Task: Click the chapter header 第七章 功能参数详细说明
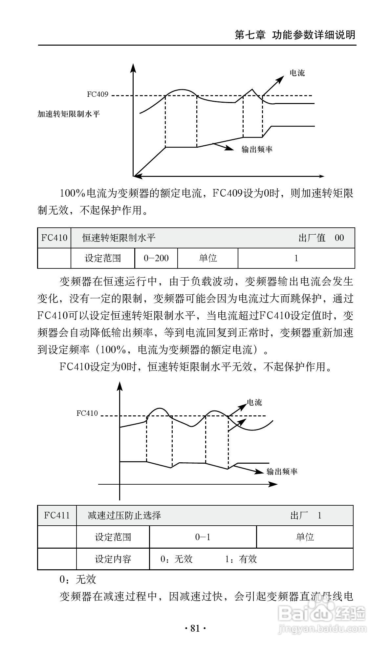pyautogui.click(x=295, y=35)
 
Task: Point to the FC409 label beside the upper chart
pyautogui.click(x=98, y=94)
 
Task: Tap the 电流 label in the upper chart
pyautogui.click(x=297, y=73)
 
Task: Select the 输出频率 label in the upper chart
pyautogui.click(x=257, y=149)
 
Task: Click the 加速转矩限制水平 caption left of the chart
pyautogui.click(x=69, y=114)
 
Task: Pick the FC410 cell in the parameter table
pyautogui.click(x=54, y=238)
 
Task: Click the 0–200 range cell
pyautogui.click(x=156, y=258)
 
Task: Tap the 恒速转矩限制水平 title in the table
pyautogui.click(x=119, y=238)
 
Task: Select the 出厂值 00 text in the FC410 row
pyautogui.click(x=321, y=238)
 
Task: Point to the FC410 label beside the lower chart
pyautogui.click(x=87, y=413)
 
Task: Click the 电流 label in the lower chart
pyautogui.click(x=254, y=402)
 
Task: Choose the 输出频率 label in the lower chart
pyautogui.click(x=282, y=472)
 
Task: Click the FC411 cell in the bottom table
pyautogui.click(x=57, y=515)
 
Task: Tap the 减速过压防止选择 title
pyautogui.click(x=124, y=515)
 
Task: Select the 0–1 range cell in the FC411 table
pyautogui.click(x=203, y=537)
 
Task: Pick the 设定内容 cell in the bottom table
pyautogui.click(x=113, y=559)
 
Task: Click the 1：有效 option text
pyautogui.click(x=241, y=559)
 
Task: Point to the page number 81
pyautogui.click(x=195, y=628)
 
